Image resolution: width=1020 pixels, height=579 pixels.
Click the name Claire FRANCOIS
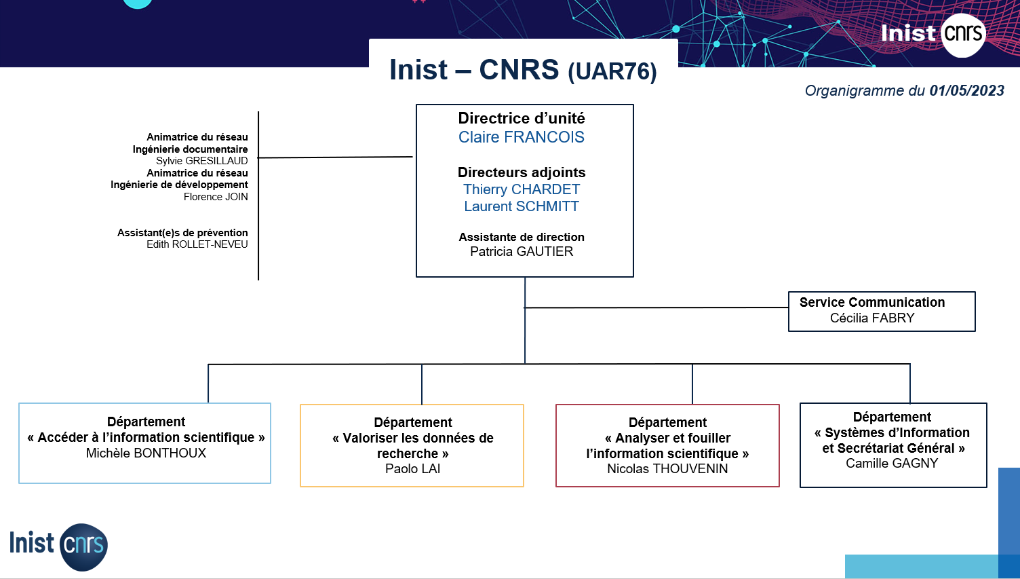click(522, 137)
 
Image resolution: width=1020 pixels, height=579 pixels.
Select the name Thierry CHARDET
click(522, 189)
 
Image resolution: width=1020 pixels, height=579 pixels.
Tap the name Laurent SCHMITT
click(522, 206)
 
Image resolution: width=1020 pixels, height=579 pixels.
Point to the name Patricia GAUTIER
click(522, 252)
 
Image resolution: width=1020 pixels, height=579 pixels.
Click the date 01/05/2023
click(966, 91)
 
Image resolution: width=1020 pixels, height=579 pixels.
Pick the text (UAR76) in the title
click(612, 71)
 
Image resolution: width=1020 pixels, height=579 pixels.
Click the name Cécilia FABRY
click(872, 318)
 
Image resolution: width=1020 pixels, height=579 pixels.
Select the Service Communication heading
click(872, 302)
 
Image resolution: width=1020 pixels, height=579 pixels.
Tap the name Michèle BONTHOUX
click(146, 453)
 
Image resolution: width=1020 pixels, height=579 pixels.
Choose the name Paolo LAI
click(412, 468)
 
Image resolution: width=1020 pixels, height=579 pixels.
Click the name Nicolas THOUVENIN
click(667, 468)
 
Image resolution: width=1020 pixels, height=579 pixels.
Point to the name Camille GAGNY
click(892, 463)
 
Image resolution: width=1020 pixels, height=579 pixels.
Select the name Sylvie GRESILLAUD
click(201, 161)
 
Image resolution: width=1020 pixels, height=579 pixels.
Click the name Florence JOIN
click(216, 197)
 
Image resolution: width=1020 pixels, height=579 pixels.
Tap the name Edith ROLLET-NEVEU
click(197, 244)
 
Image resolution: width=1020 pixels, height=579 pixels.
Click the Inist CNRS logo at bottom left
click(58, 546)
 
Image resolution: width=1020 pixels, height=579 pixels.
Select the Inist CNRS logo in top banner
click(933, 34)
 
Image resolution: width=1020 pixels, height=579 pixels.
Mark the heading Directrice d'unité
click(522, 119)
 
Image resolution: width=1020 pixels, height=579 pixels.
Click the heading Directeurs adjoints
click(522, 172)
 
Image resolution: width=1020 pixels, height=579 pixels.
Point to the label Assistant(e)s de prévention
click(182, 233)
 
